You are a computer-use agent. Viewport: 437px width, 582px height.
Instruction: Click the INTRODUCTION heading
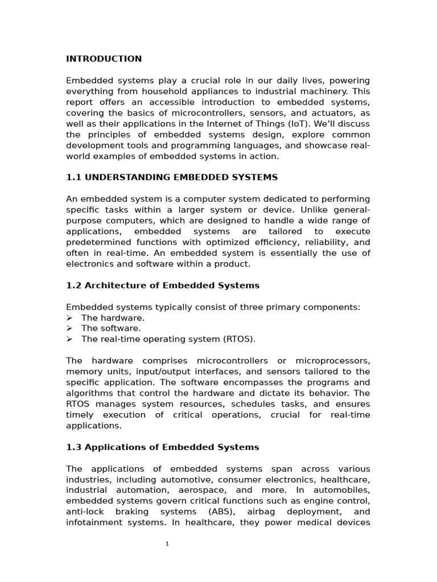(104, 59)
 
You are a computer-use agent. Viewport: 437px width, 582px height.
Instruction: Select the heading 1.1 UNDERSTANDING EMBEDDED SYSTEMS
(172, 177)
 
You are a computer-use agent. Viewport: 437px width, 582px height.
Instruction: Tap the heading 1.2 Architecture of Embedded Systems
(163, 285)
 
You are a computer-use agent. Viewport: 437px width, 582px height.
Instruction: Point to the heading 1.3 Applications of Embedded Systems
(163, 447)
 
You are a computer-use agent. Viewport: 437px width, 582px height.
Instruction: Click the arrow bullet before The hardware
(69, 318)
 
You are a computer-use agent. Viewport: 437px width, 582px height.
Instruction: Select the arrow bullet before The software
(69, 329)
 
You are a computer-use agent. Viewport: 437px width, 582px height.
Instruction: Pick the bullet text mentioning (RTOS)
(168, 339)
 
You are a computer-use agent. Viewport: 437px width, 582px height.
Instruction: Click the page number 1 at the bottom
(167, 544)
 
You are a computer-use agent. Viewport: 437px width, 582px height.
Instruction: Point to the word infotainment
(94, 523)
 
